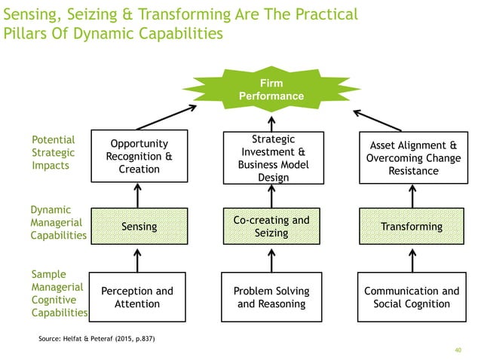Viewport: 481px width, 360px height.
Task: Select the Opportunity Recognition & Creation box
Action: point(136,157)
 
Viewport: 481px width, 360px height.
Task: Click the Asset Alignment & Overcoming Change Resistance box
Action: point(412,158)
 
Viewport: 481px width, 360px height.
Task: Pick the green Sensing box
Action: point(138,227)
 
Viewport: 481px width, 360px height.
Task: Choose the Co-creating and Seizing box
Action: point(271,227)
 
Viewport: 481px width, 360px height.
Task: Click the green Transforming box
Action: point(412,227)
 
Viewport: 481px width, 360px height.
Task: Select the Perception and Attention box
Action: point(136,297)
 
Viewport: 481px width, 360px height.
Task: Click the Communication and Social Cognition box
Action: point(412,297)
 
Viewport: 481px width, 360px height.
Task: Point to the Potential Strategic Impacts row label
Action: point(54,153)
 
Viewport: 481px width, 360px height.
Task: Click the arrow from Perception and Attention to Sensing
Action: point(137,260)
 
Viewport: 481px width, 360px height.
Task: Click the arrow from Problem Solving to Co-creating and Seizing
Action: point(271,260)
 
